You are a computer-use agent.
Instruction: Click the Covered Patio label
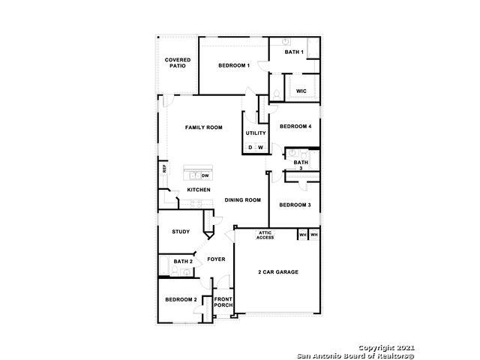click(178, 63)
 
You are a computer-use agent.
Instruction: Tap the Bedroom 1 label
click(234, 65)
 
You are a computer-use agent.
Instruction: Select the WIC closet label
click(301, 91)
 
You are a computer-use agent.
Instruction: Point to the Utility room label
click(256, 133)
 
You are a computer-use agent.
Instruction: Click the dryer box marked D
click(250, 148)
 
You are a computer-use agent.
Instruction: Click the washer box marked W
click(260, 148)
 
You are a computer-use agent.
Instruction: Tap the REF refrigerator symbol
click(164, 169)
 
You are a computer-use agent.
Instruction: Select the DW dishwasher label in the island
click(205, 175)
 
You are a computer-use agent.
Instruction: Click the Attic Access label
click(265, 235)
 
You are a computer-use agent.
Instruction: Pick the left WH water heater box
click(303, 235)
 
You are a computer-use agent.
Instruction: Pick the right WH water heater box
click(314, 235)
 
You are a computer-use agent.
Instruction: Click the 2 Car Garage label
click(278, 271)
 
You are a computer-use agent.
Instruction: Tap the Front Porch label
click(223, 302)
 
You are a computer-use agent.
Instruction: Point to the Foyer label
click(216, 259)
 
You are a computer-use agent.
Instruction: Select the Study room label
click(181, 232)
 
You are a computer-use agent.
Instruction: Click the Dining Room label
click(243, 200)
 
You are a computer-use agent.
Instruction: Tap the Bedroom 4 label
click(295, 127)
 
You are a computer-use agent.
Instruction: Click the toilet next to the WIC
click(277, 95)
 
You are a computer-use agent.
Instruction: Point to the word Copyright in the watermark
click(376, 348)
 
